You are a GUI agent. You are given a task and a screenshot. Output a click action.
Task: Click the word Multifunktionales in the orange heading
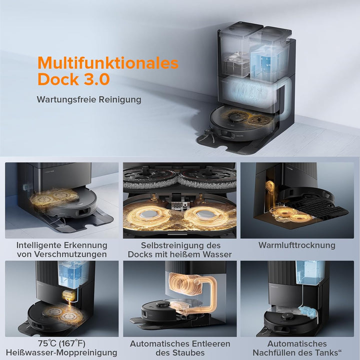point(107,63)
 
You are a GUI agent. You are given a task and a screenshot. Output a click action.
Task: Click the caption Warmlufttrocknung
point(296,245)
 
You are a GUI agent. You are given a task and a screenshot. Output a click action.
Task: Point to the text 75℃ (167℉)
point(61,343)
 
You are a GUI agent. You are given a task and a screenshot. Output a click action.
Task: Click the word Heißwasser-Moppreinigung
point(61,352)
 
